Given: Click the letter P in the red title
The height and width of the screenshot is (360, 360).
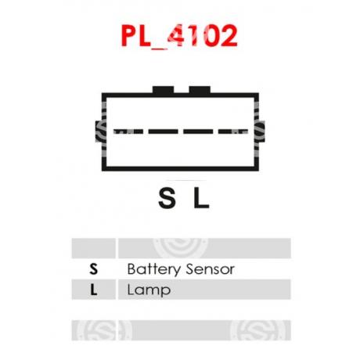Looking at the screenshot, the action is click(129, 36).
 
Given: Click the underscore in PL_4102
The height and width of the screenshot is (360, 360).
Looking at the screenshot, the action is click(160, 48).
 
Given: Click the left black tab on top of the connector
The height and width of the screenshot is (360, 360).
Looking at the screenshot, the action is click(164, 90).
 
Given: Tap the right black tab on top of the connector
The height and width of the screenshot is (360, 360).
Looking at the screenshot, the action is click(200, 90).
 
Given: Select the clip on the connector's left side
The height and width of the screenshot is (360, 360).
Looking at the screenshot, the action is click(99, 131).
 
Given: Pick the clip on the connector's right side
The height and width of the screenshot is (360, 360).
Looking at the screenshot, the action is click(261, 131).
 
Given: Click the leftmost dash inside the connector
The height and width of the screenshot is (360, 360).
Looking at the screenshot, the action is click(128, 131).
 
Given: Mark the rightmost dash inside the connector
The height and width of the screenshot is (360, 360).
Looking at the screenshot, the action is click(233, 131).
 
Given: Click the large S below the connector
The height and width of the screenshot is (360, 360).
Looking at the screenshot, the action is click(167, 198).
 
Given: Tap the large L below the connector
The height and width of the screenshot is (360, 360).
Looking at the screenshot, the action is click(201, 198).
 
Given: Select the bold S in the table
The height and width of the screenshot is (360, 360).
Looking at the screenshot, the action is click(93, 269).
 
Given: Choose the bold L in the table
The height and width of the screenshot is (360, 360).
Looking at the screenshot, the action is click(94, 290).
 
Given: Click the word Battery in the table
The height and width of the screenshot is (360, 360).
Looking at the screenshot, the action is click(154, 269).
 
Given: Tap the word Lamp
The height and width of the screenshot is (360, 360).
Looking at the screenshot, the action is click(149, 290).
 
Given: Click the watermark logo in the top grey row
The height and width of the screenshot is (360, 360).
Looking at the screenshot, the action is click(180, 248).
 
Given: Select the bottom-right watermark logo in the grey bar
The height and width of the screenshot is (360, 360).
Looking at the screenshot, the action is click(258, 330).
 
